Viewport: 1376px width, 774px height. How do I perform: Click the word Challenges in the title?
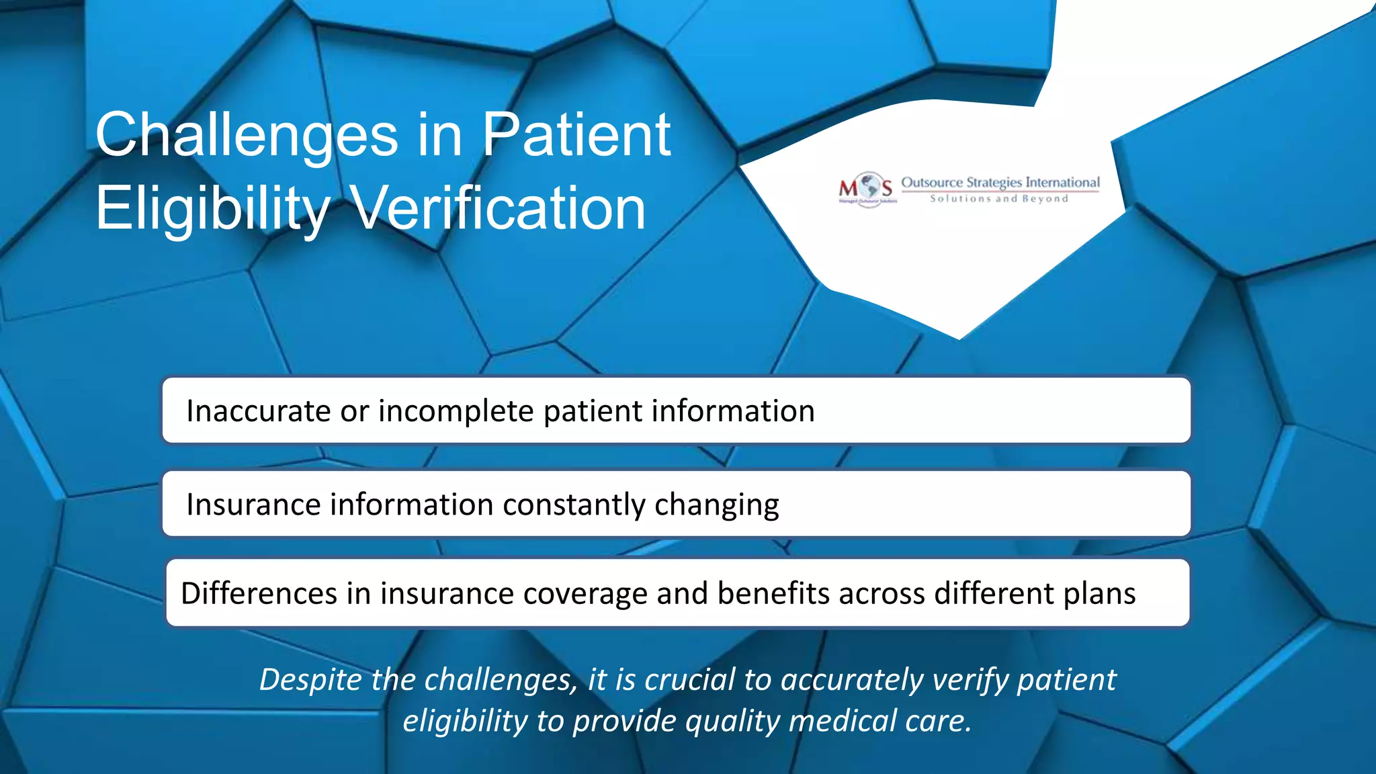pos(247,135)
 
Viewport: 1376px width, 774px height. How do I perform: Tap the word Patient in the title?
pos(576,135)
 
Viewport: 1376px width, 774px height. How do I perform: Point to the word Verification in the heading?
pos(499,208)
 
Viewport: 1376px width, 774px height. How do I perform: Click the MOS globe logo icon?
pos(869,187)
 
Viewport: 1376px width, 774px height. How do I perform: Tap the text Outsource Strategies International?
pos(1000,182)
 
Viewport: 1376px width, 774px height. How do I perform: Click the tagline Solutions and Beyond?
pos(999,198)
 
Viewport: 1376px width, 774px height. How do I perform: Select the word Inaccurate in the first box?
pos(259,411)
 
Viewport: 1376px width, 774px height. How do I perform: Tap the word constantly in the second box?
pos(573,504)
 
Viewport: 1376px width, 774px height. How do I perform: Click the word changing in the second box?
pos(716,504)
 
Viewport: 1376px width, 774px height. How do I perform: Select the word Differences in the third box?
pos(259,593)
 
